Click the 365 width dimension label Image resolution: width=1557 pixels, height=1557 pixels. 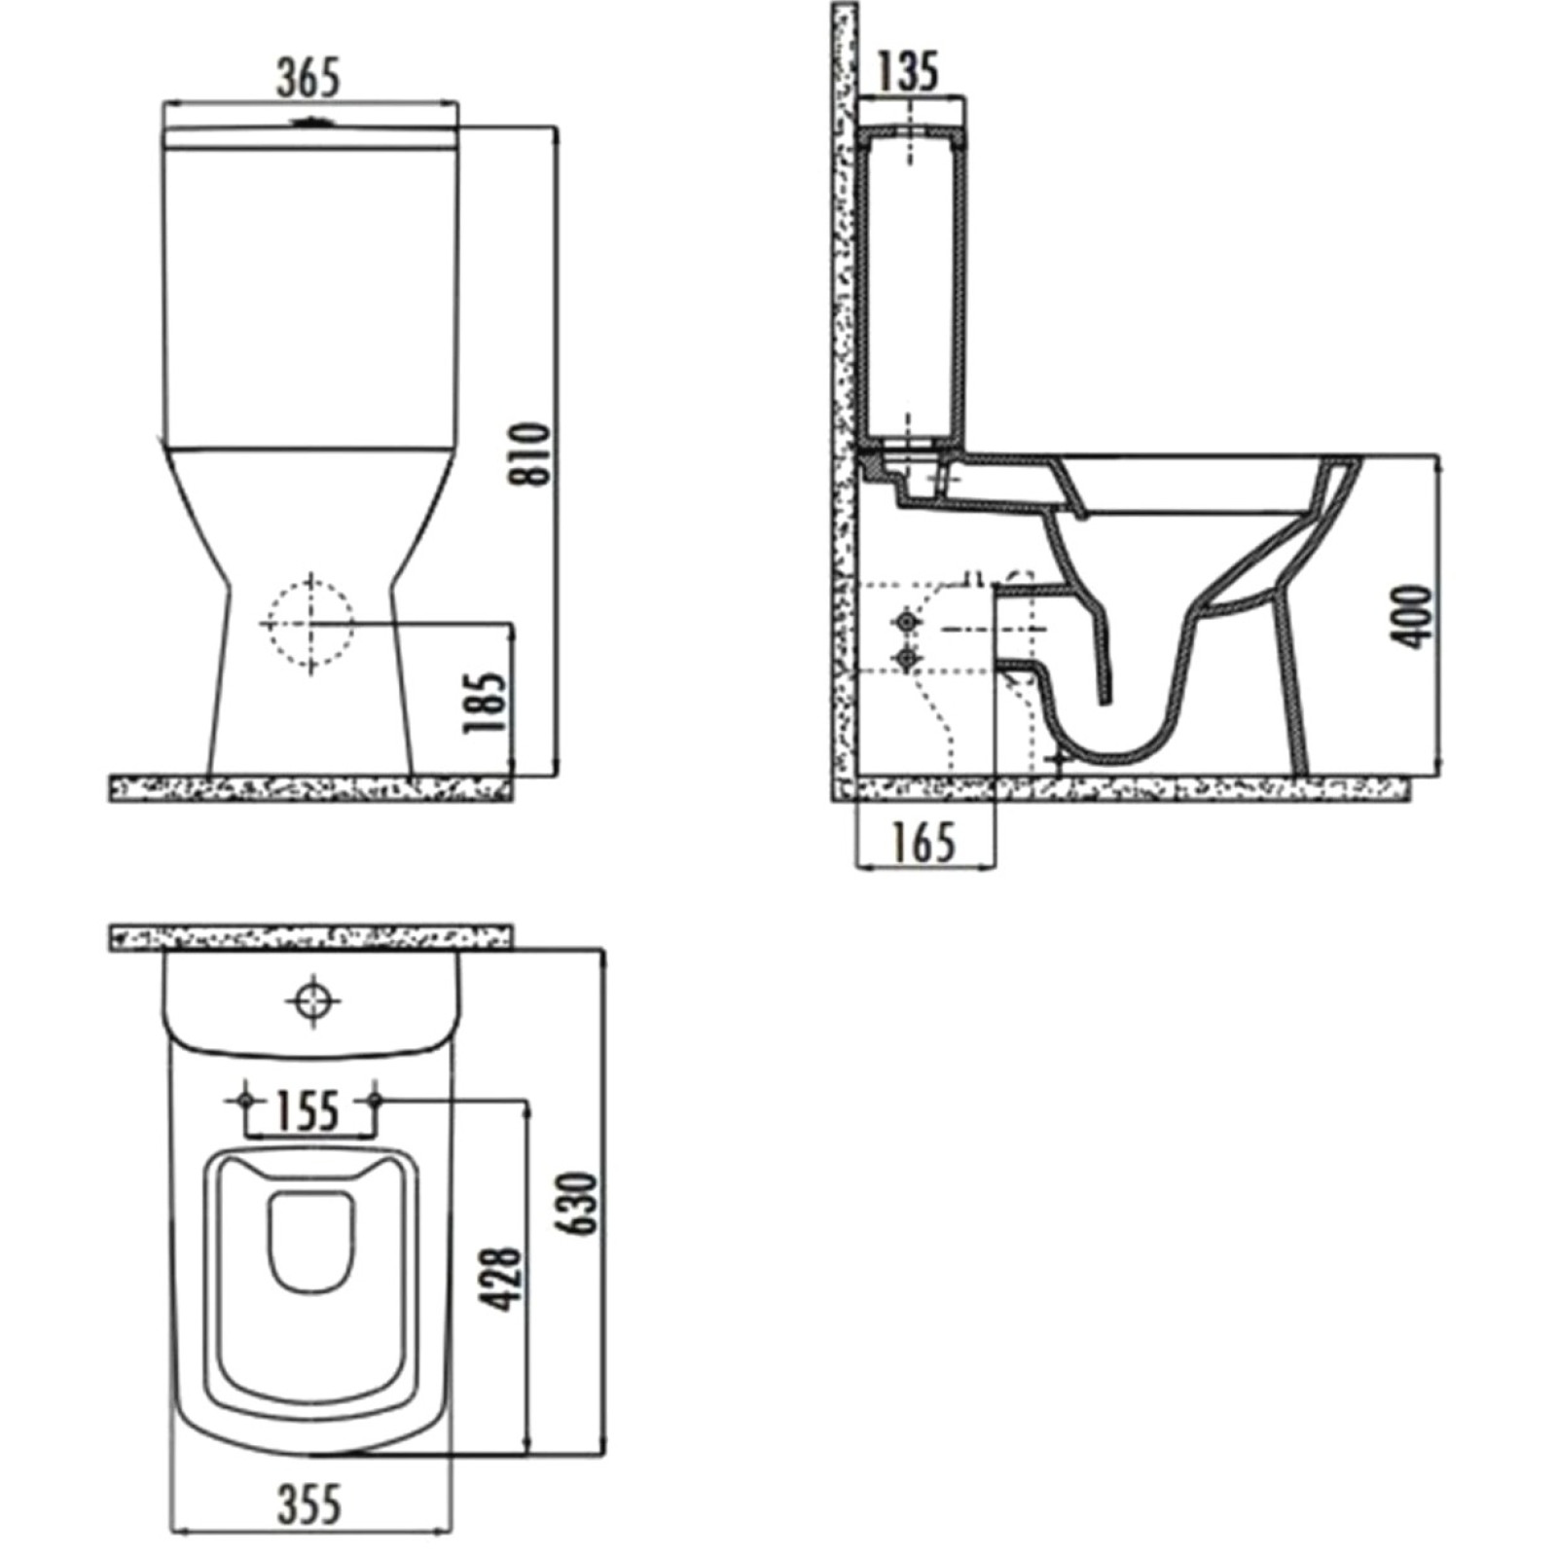tap(309, 78)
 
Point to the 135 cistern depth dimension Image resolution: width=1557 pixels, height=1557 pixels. tap(908, 71)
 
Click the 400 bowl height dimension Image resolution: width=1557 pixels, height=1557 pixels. tap(1412, 616)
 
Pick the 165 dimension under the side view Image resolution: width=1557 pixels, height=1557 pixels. tap(923, 842)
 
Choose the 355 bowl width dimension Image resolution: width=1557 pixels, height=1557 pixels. tap(310, 1504)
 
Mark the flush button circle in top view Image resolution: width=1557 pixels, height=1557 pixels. tap(311, 999)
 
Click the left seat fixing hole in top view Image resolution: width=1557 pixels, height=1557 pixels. tap(244, 1099)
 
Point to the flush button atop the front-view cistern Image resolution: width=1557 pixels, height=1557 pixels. tap(310, 123)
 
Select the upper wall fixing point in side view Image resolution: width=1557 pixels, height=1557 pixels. tap(908, 621)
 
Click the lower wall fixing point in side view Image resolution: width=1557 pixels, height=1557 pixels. tap(908, 660)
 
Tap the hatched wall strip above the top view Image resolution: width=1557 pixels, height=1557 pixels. tap(311, 937)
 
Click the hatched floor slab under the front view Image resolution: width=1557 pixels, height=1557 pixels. tap(311, 788)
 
